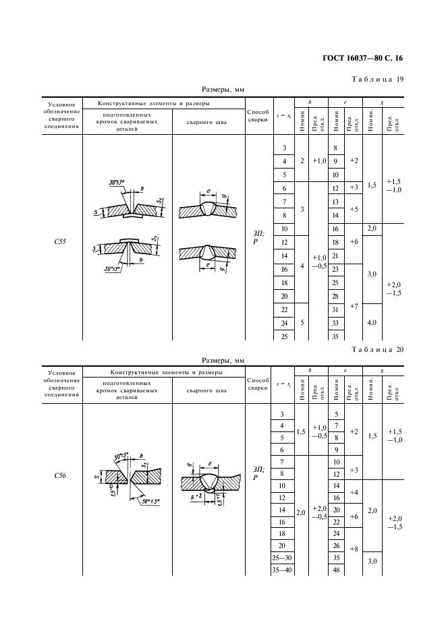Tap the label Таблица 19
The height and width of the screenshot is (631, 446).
pos(379,80)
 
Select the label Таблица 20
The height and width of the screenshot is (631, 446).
pos(378,349)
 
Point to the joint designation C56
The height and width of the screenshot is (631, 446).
pos(59,475)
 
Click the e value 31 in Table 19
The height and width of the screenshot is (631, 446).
pos(335,309)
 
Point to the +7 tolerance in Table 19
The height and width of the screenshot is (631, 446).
pos(354,306)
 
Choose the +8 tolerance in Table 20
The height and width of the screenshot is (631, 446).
pos(354,549)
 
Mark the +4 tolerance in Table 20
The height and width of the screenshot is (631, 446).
pos(354,492)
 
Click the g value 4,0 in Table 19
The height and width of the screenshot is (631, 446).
pos(372,322)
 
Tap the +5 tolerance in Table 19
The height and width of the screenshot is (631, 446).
pos(354,208)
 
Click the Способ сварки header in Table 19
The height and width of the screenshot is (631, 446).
pos(258,115)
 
